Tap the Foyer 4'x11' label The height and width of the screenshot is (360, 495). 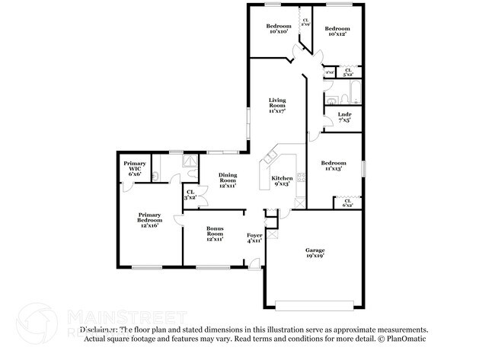pyautogui.click(x=254, y=238)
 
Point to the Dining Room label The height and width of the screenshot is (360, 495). pyautogui.click(x=228, y=179)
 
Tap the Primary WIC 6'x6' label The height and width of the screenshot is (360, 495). pyautogui.click(x=135, y=169)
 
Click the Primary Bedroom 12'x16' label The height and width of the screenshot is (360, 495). pyautogui.click(x=149, y=221)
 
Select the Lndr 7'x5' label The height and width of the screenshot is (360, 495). pyautogui.click(x=344, y=116)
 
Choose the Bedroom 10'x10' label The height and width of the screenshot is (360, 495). pyautogui.click(x=279, y=29)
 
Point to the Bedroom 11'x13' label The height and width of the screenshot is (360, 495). pyautogui.click(x=333, y=166)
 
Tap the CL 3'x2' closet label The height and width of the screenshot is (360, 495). pyautogui.click(x=190, y=195)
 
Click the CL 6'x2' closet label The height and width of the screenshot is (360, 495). pyautogui.click(x=347, y=202)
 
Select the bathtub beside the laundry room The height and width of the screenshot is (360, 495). pyautogui.click(x=349, y=97)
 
